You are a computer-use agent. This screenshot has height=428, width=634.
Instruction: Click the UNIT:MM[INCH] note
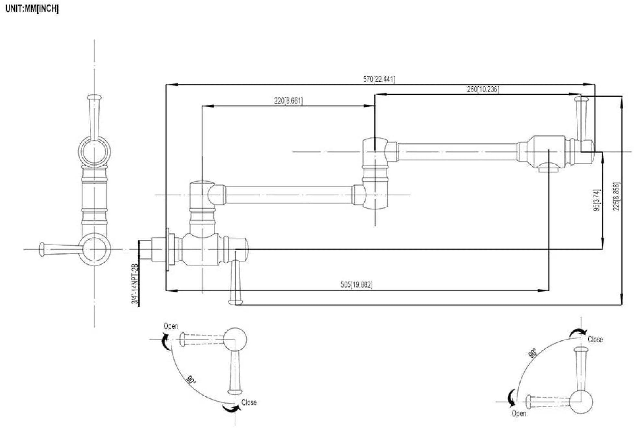32,9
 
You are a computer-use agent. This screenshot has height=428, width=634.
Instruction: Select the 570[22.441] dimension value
379,79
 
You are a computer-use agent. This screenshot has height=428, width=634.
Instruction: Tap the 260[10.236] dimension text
483,89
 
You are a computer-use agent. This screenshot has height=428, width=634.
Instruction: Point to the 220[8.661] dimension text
289,101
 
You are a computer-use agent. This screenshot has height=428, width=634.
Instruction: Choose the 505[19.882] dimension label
357,285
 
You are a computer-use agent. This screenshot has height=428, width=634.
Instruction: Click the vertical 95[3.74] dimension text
597,200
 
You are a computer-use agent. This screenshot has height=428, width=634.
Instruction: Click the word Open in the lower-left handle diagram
171,326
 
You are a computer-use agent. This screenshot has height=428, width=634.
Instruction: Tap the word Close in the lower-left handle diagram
249,402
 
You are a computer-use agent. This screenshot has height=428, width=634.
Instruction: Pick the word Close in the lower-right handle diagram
595,339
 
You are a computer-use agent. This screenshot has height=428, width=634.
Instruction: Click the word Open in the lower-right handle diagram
519,413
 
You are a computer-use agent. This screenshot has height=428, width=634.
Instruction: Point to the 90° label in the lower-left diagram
191,380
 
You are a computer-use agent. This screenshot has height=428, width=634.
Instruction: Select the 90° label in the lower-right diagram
533,353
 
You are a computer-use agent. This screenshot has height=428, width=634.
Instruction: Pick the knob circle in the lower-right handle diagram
581,402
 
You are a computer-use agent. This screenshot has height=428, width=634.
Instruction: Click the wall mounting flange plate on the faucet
168,249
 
